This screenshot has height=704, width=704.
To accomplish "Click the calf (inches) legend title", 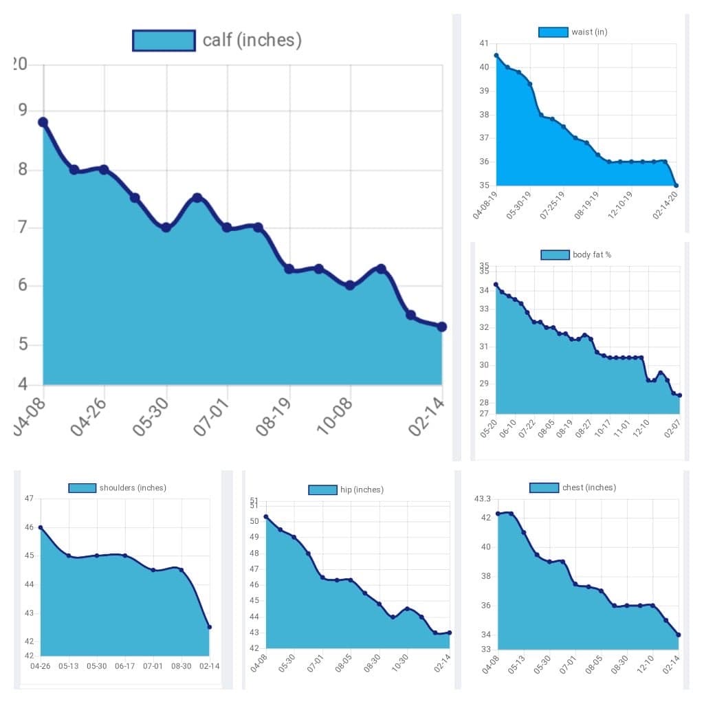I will click(252, 40).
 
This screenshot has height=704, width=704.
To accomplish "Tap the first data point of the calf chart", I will click(43, 122).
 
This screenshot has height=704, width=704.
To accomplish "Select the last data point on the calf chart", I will click(441, 327).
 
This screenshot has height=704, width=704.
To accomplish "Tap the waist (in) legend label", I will click(589, 32).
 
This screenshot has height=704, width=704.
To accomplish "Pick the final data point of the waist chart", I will click(676, 185).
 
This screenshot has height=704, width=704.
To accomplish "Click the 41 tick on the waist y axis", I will click(484, 43).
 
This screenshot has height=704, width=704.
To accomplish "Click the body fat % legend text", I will click(591, 255).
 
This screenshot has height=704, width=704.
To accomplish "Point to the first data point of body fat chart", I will click(496, 285).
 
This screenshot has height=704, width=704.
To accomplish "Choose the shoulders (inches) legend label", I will click(133, 488).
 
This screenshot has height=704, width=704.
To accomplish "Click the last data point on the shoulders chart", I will click(209, 627).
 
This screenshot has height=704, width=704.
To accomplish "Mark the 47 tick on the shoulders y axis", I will click(29, 498).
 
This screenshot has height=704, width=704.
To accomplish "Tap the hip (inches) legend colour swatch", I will click(322, 489).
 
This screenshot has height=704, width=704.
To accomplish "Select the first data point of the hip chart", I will click(266, 517).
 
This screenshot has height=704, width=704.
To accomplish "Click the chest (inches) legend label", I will click(588, 487).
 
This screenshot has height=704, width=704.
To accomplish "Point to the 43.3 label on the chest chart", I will click(483, 498).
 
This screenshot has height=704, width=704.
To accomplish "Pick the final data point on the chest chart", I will click(679, 635).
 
